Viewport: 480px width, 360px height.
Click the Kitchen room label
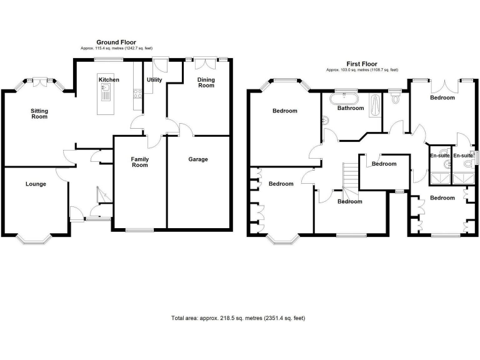108,80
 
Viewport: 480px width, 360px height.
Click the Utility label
154,80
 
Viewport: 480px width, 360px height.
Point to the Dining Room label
206,82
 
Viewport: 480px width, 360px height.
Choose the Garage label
198,159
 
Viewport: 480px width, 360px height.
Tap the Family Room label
139,162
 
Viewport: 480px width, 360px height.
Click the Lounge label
36,184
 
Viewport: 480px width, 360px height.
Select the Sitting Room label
39,114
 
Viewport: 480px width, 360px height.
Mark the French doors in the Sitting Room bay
42,79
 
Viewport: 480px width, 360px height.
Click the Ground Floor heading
116,42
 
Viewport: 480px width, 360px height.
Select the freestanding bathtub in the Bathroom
346,98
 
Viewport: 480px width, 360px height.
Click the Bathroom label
351,108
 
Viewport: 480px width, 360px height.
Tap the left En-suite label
440,155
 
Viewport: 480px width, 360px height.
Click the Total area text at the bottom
238,318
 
